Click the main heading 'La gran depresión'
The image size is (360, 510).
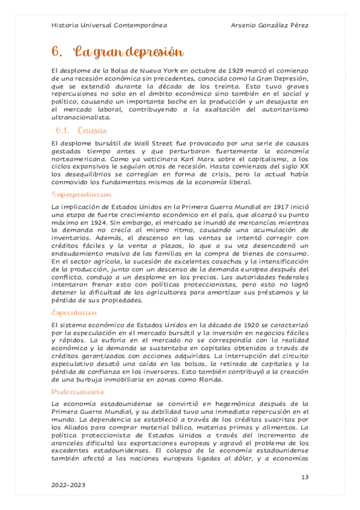click(127, 52)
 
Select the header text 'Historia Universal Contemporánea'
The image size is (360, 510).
click(109, 26)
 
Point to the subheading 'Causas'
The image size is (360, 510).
click(92, 130)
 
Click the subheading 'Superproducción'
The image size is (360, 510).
click(82, 195)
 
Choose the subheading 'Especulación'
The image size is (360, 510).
click(75, 313)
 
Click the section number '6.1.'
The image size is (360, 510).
click(64, 131)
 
